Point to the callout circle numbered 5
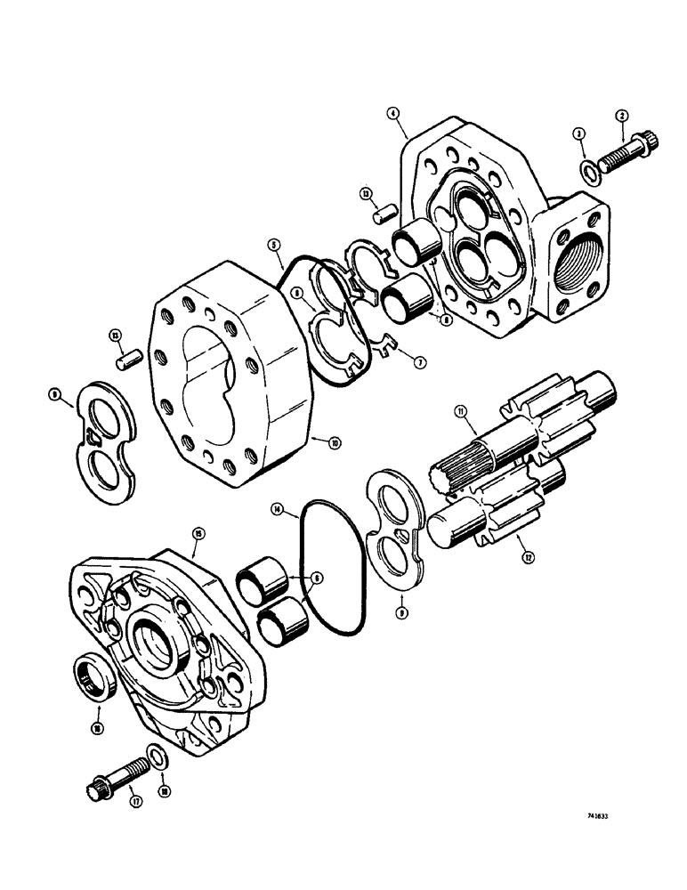(274, 242)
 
